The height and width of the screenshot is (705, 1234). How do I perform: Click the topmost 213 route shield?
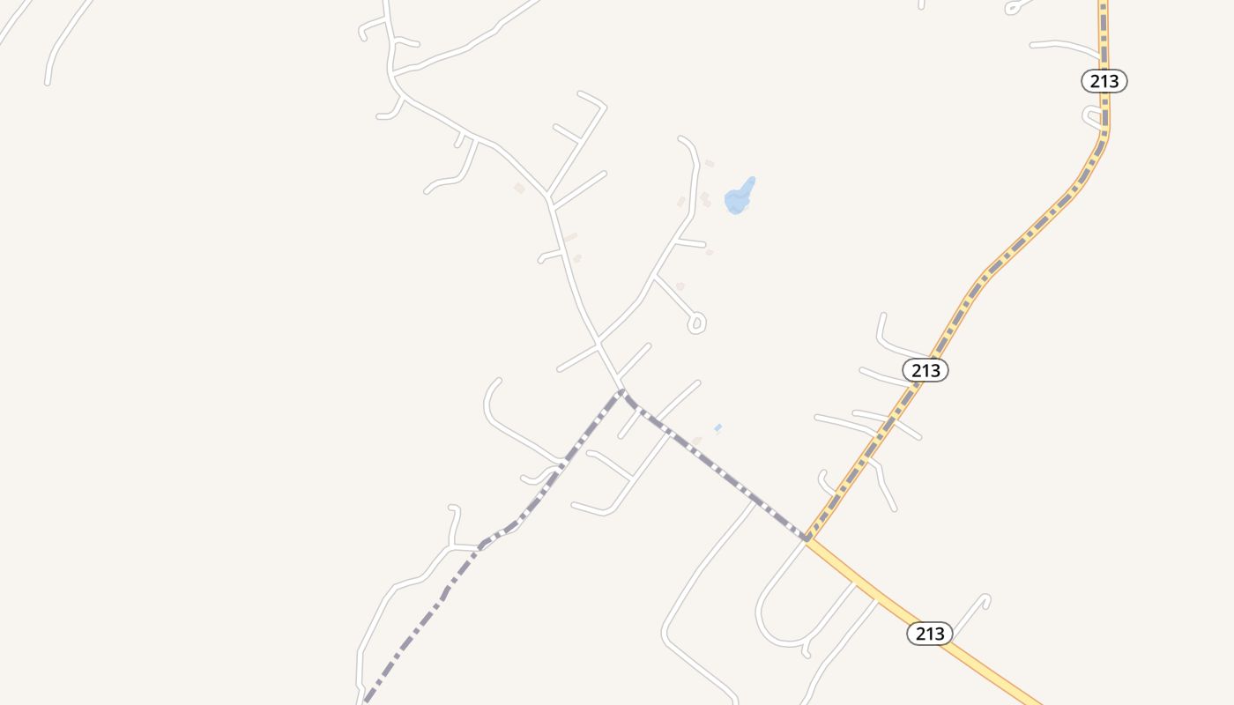tap(1104, 81)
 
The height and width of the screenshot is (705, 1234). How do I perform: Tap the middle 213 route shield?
tap(925, 371)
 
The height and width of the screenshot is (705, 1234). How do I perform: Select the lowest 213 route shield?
tap(930, 633)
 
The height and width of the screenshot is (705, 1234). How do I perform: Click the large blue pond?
tap(738, 198)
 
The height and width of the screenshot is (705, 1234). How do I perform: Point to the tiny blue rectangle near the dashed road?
tap(718, 427)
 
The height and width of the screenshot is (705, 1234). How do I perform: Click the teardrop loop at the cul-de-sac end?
tap(696, 323)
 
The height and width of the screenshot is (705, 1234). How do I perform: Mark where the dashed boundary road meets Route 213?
tap(807, 537)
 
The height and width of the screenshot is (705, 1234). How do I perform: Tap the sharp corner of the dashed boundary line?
tap(622, 391)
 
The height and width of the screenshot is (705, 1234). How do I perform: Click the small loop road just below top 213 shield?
tap(1093, 116)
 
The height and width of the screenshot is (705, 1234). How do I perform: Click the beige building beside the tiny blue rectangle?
tap(697, 441)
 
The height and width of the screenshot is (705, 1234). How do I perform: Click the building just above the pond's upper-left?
tap(709, 163)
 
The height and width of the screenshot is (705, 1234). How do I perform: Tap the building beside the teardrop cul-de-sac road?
tap(680, 286)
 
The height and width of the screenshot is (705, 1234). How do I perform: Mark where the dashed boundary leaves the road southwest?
tap(480, 546)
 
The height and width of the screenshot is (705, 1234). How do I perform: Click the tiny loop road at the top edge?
tap(1014, 8)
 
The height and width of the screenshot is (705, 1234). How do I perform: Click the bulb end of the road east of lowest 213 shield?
tap(985, 599)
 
